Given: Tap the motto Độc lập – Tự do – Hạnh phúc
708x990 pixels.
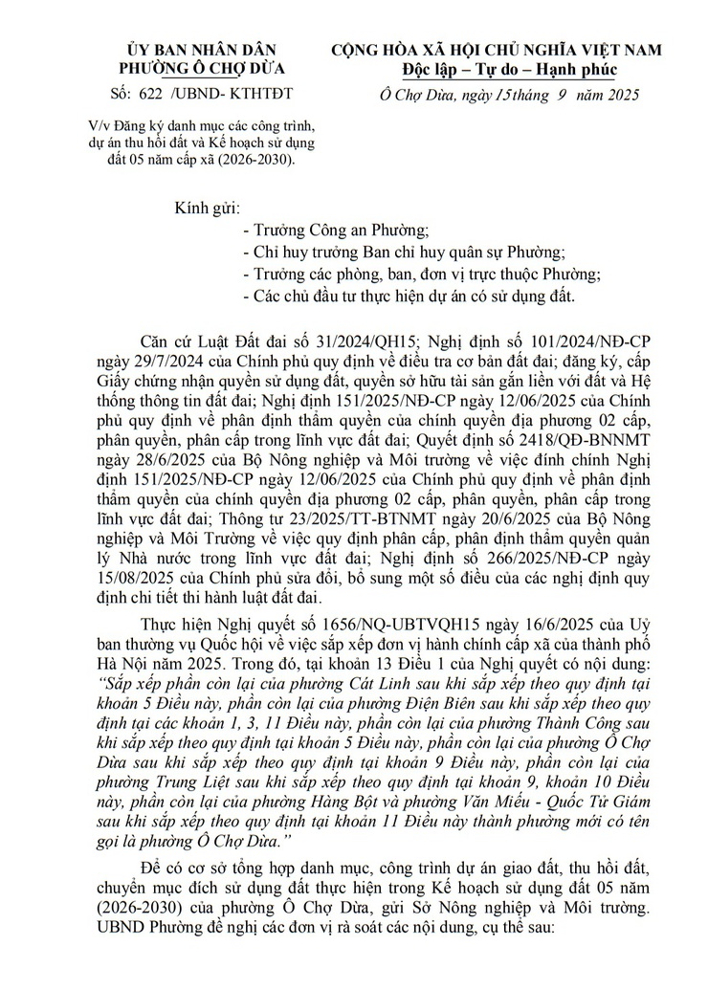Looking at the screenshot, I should [509, 69].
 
